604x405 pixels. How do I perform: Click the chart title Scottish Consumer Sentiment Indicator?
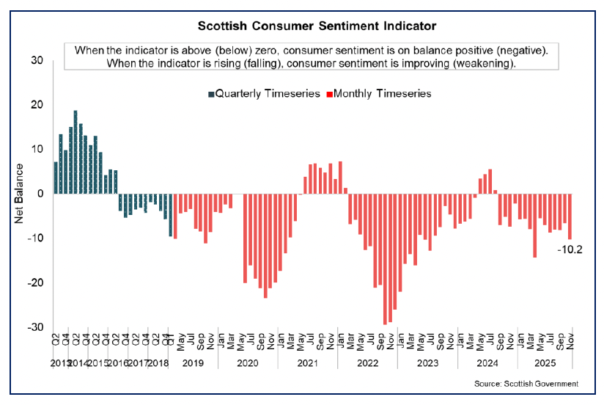[317, 26]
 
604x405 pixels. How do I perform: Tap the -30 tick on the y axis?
[36, 327]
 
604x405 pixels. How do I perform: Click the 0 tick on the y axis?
[41, 194]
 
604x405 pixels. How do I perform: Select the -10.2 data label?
[570, 249]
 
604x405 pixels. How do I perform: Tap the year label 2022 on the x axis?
[368, 362]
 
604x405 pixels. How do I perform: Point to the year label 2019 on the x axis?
[192, 362]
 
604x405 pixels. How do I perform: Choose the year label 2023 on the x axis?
[427, 362]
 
